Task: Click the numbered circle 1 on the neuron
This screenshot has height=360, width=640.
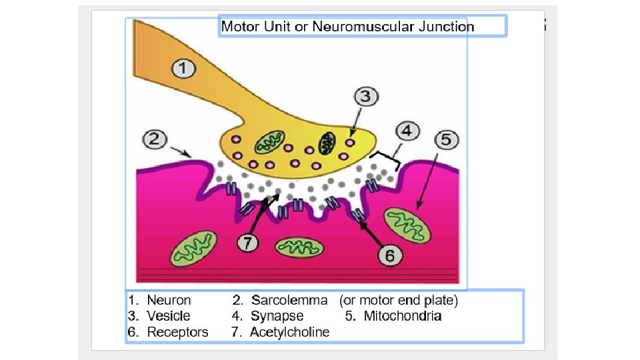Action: click(x=185, y=69)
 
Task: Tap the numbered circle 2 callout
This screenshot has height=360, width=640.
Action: click(x=155, y=140)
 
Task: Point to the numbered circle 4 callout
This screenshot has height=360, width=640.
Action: click(x=408, y=131)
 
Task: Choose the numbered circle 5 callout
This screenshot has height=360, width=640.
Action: click(x=446, y=141)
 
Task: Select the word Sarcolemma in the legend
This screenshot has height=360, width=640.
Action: click(x=289, y=301)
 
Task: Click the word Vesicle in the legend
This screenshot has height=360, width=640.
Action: click(x=169, y=316)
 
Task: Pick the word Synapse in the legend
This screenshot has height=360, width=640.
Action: click(x=277, y=316)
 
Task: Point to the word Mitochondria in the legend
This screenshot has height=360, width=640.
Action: click(x=402, y=316)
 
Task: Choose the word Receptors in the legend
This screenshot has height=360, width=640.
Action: click(x=177, y=332)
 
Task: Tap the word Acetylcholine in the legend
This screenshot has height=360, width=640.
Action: click(x=289, y=332)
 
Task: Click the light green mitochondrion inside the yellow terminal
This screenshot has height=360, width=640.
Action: click(x=271, y=141)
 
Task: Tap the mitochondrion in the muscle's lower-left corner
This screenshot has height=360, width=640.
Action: click(x=194, y=248)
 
